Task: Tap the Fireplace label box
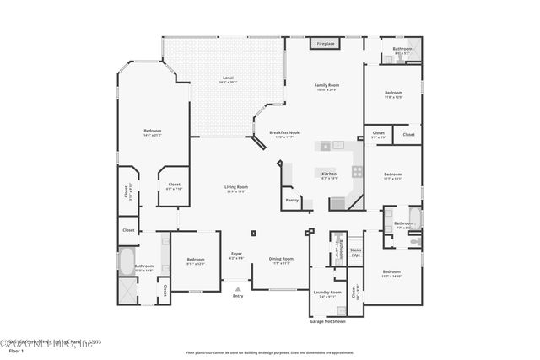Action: click(x=326, y=43)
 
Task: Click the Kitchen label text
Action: click(x=328, y=175)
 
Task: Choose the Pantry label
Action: click(x=292, y=201)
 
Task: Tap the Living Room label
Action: click(x=235, y=188)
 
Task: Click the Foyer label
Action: click(x=237, y=256)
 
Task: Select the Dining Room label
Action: click(x=281, y=260)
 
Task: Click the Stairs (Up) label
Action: click(x=355, y=251)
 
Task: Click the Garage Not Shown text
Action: click(x=327, y=321)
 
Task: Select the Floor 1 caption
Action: click(x=15, y=350)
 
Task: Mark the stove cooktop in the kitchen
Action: click(x=357, y=170)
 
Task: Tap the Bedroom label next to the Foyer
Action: click(x=196, y=261)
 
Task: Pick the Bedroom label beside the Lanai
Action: click(x=152, y=132)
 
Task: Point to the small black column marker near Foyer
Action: click(x=252, y=233)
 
